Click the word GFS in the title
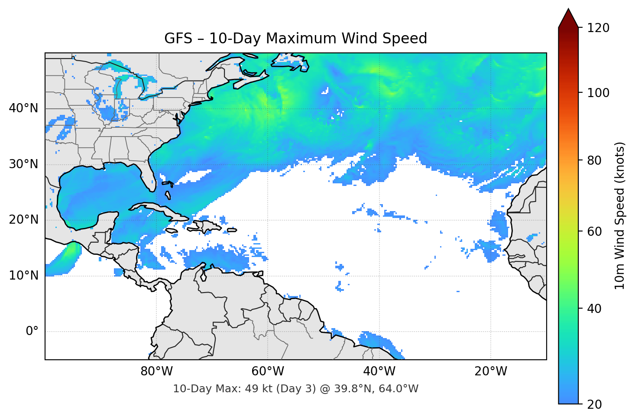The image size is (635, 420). click(178, 39)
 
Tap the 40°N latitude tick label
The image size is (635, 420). click(23, 108)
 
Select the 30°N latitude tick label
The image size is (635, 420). click(23, 164)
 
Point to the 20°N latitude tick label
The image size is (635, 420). click(23, 220)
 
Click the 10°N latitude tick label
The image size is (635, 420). click(23, 276)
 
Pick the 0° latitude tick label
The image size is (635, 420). click(32, 332)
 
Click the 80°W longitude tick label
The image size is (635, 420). click(156, 371)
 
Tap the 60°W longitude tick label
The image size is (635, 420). click(268, 371)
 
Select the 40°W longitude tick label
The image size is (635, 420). click(379, 371)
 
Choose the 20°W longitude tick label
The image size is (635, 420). click(490, 371)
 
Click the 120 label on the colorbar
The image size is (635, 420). click(598, 28)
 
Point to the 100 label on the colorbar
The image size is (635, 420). click(598, 93)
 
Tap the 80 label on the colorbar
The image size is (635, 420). click(595, 160)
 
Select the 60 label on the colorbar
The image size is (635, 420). click(595, 231)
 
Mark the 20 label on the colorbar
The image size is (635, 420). click(595, 404)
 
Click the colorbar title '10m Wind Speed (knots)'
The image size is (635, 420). click(620, 216)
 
